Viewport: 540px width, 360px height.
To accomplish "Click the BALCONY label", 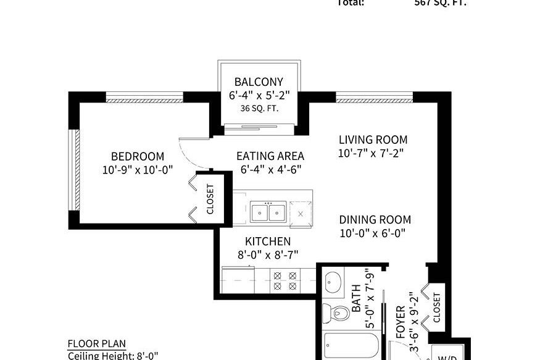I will pos(259,82).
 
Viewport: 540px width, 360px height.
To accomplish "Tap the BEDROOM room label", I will pos(138,156).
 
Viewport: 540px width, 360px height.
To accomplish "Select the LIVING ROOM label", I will pos(373,140).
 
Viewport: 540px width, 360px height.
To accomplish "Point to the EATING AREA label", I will pos(270,156).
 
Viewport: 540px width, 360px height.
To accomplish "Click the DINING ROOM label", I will pos(375,220).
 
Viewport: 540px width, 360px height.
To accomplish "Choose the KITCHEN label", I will pos(267,241).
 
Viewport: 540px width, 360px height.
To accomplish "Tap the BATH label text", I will pos(356,302).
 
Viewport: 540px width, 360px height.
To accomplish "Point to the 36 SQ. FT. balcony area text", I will pos(259,109).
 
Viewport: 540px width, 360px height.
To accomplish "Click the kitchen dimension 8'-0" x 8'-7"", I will pos(267,254).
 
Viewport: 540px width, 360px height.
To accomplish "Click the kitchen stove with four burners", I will pos(285,282).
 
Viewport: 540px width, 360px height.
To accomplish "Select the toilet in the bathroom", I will pos(338,312).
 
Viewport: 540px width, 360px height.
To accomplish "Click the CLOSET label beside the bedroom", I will pos(210,199).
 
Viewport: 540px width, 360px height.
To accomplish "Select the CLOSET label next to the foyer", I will pos(437,306).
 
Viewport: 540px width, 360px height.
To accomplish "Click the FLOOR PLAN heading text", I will pos(96,344).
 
